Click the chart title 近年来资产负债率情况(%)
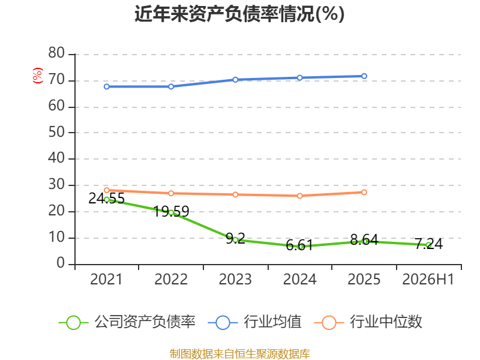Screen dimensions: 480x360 pos(239,14)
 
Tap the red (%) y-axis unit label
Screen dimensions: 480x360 pos(37,76)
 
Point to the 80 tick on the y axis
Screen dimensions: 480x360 pos(56,53)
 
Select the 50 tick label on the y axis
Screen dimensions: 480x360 pos(56,132)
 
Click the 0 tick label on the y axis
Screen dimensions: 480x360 pos(61,263)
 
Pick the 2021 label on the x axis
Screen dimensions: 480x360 pos(106,279)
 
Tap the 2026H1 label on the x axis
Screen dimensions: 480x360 pos(428,279)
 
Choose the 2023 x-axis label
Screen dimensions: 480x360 pos(235,279)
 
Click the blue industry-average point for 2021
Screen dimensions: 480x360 pos(107,86)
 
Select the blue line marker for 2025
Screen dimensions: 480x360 pos(364,76)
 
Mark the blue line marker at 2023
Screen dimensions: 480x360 pos(235,80)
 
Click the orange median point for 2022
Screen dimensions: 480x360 pos(171,193)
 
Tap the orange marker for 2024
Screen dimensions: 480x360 pos(299,196)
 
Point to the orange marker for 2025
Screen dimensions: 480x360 pos(364,192)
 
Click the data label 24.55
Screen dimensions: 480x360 pos(107,199)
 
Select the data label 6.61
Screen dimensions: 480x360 pos(299,245)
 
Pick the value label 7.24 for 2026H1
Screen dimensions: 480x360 pos(429,244)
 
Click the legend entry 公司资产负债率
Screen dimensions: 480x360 pos(127,322)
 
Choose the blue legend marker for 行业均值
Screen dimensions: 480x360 pos(223,323)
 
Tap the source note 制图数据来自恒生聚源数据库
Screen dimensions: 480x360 pos(240,354)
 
